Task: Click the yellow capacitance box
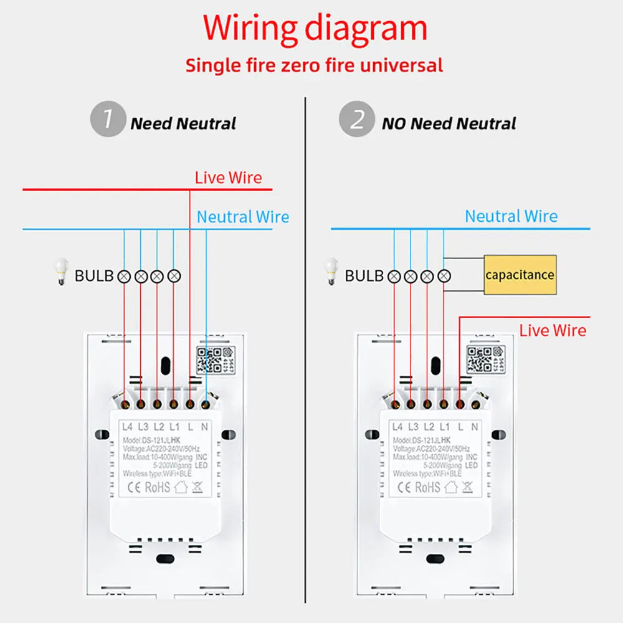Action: [x=520, y=275]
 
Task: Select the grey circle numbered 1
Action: [x=107, y=120]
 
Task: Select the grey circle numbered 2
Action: [x=356, y=120]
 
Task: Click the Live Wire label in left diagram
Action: [x=228, y=178]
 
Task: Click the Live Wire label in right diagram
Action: [x=553, y=330]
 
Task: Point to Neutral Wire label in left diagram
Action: [x=243, y=217]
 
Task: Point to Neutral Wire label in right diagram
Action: [x=511, y=216]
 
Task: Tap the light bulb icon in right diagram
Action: [x=332, y=273]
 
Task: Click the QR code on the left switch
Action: [x=209, y=359]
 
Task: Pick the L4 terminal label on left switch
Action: [x=128, y=427]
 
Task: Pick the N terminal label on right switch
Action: [x=474, y=427]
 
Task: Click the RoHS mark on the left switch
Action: [x=157, y=487]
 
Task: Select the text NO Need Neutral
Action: [x=449, y=123]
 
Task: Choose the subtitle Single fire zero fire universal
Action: [x=315, y=65]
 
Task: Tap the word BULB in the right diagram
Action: [x=364, y=275]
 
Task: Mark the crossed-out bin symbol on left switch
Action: [x=197, y=487]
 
